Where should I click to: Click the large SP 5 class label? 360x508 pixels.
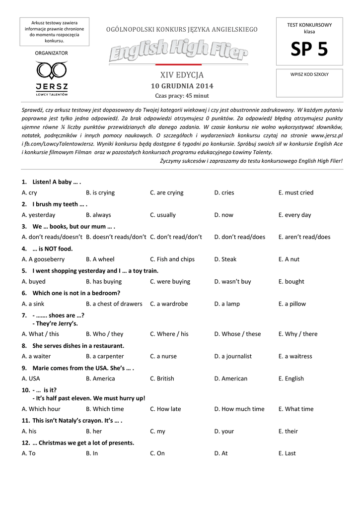[x=309, y=50]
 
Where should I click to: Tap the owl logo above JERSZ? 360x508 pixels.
[x=52, y=70]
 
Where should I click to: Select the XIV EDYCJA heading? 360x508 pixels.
[x=182, y=75]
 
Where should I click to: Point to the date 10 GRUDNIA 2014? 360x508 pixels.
[x=182, y=86]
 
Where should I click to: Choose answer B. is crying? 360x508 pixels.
[x=100, y=192]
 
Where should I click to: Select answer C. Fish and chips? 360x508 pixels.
[x=172, y=259]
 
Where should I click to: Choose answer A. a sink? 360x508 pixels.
[x=33, y=304]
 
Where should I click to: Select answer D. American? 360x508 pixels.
[x=231, y=379]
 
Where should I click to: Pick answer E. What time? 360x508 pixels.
[x=296, y=409]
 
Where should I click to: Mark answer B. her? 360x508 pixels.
[x=94, y=431]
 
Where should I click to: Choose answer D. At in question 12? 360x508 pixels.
[x=221, y=453]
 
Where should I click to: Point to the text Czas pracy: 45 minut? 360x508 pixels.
[x=182, y=96]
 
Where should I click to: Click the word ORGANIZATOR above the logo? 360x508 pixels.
[x=52, y=53]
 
